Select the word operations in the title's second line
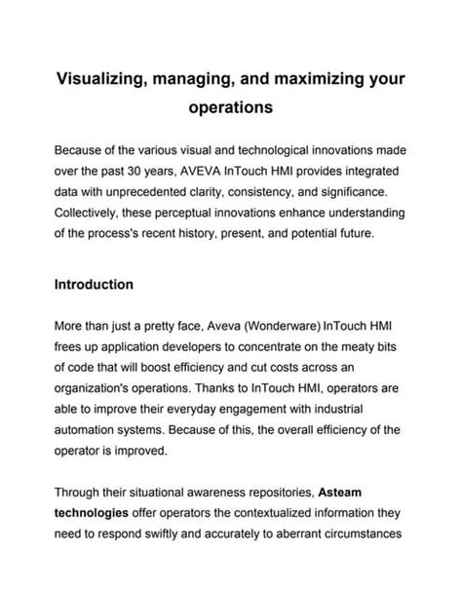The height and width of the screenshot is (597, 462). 230,109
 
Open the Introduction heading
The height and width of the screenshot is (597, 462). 94,286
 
